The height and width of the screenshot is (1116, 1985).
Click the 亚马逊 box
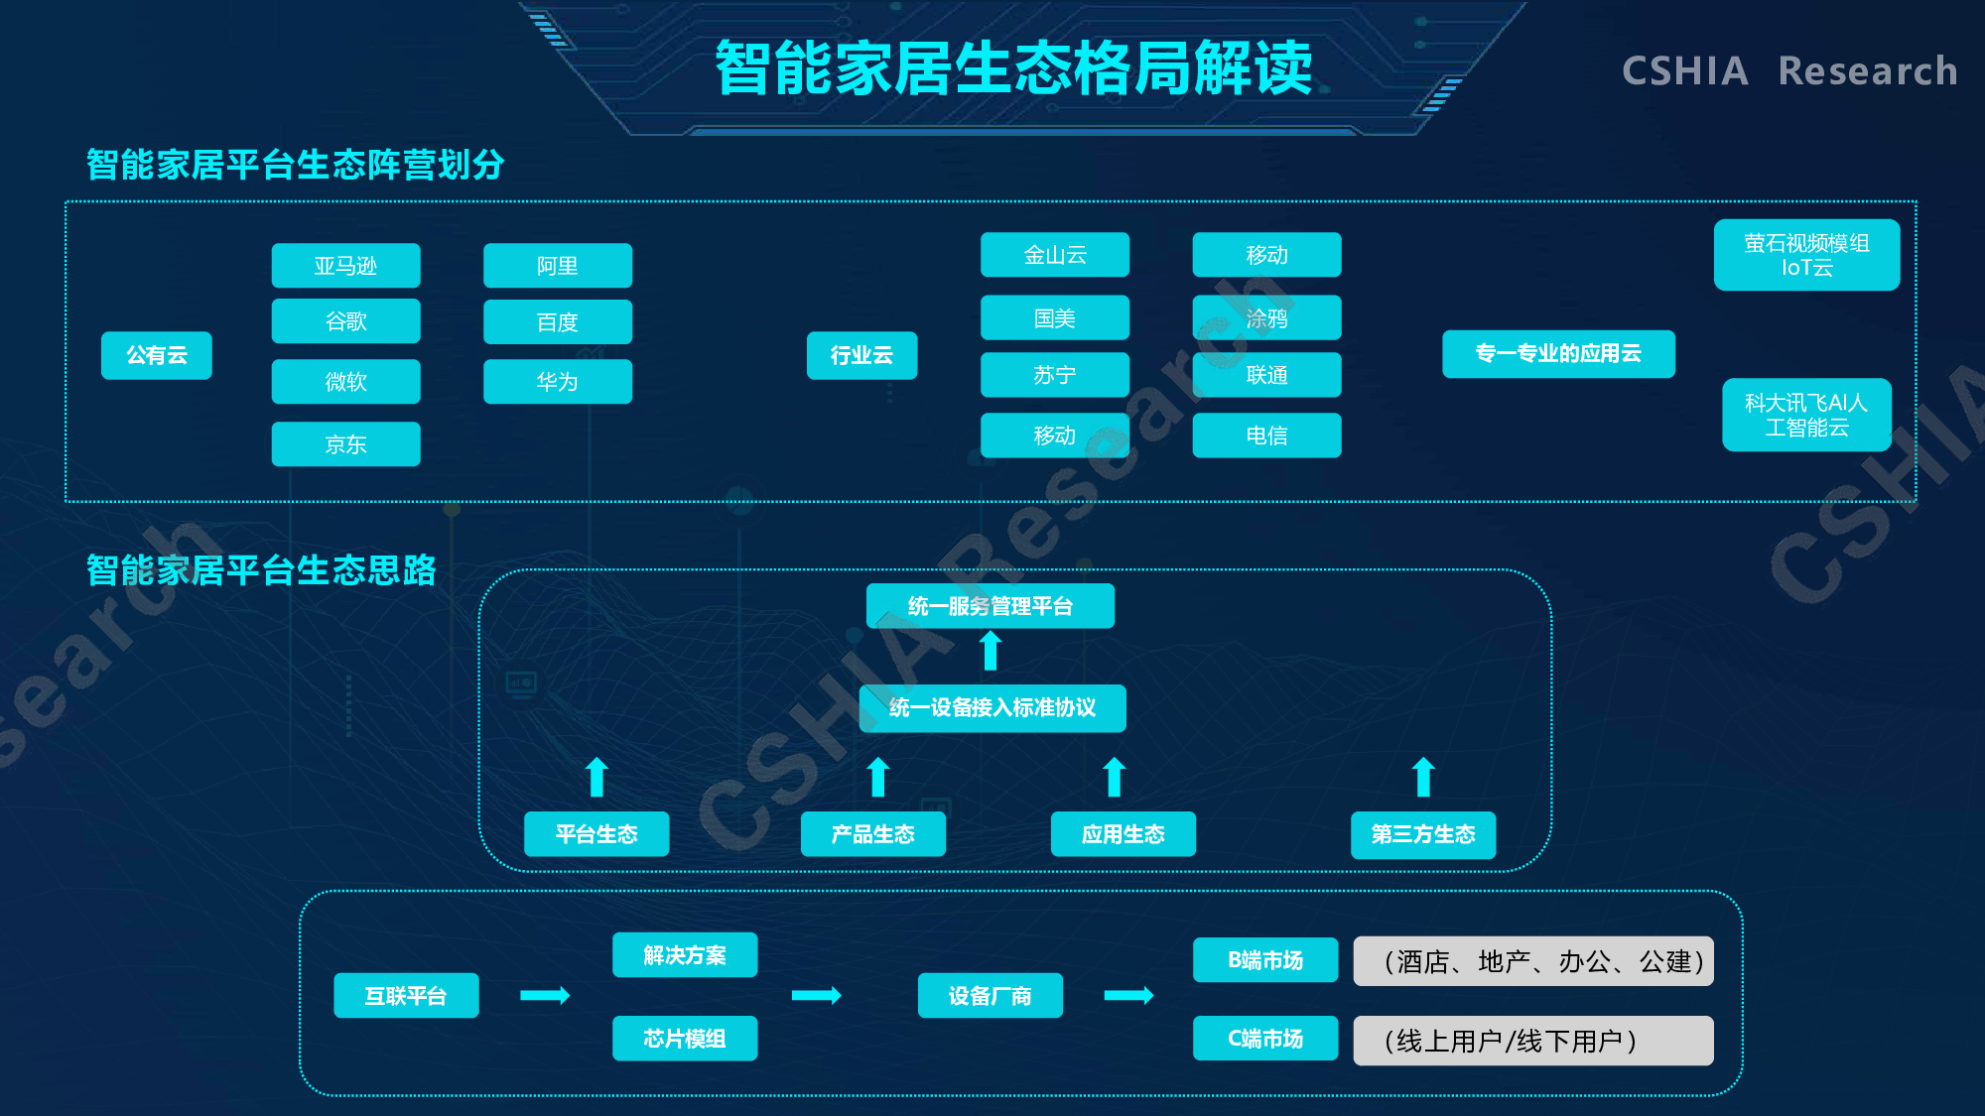point(346,266)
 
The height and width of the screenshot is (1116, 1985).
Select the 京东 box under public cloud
point(346,444)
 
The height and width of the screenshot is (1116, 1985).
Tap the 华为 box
point(558,382)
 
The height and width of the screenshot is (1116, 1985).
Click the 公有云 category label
point(157,355)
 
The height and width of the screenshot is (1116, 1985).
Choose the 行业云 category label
point(861,355)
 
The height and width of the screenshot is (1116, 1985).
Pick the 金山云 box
point(1055,255)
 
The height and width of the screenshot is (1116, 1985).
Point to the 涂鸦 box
point(1267,317)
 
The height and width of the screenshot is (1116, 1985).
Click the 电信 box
point(1267,435)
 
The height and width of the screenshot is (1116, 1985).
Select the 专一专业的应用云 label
point(1558,354)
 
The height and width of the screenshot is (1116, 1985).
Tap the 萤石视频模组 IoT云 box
point(1807,255)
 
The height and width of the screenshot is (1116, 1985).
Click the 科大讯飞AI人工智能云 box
point(1807,415)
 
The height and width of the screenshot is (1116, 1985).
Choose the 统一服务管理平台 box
point(991,606)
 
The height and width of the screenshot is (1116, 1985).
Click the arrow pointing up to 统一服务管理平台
point(991,651)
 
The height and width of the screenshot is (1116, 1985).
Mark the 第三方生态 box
point(1423,834)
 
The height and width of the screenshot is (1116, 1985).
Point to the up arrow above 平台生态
point(596,777)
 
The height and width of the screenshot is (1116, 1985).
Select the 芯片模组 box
point(685,1039)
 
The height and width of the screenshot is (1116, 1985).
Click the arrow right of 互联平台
point(546,995)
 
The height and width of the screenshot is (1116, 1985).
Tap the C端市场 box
point(1265,1039)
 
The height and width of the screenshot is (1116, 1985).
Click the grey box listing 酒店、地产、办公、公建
point(1533,961)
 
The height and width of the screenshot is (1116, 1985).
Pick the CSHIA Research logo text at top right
point(1789,71)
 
